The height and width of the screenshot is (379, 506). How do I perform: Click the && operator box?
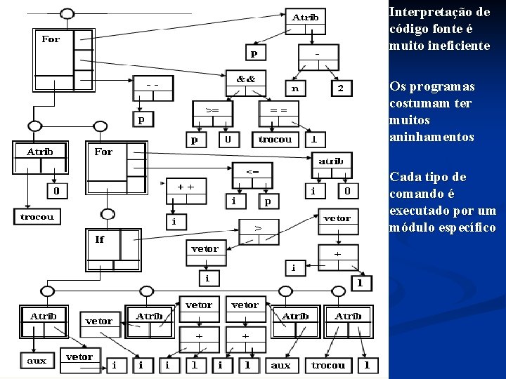pyautogui.click(x=245, y=79)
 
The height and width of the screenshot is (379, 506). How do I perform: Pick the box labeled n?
pyautogui.click(x=295, y=88)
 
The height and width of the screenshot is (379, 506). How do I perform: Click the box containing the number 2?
pyautogui.click(x=341, y=88)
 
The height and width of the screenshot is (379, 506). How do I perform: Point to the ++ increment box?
pyautogui.click(x=186, y=187)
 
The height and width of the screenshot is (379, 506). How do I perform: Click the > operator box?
pyautogui.click(x=258, y=227)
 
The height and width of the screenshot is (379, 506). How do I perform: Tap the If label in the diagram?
pyautogui.click(x=100, y=239)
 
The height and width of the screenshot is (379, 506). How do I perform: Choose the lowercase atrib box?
pyautogui.click(x=331, y=161)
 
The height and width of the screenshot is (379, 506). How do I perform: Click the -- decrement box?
pyautogui.click(x=152, y=84)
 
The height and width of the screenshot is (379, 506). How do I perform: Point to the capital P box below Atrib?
pyautogui.click(x=253, y=53)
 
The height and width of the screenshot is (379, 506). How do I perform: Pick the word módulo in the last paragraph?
pyautogui.click(x=409, y=227)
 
